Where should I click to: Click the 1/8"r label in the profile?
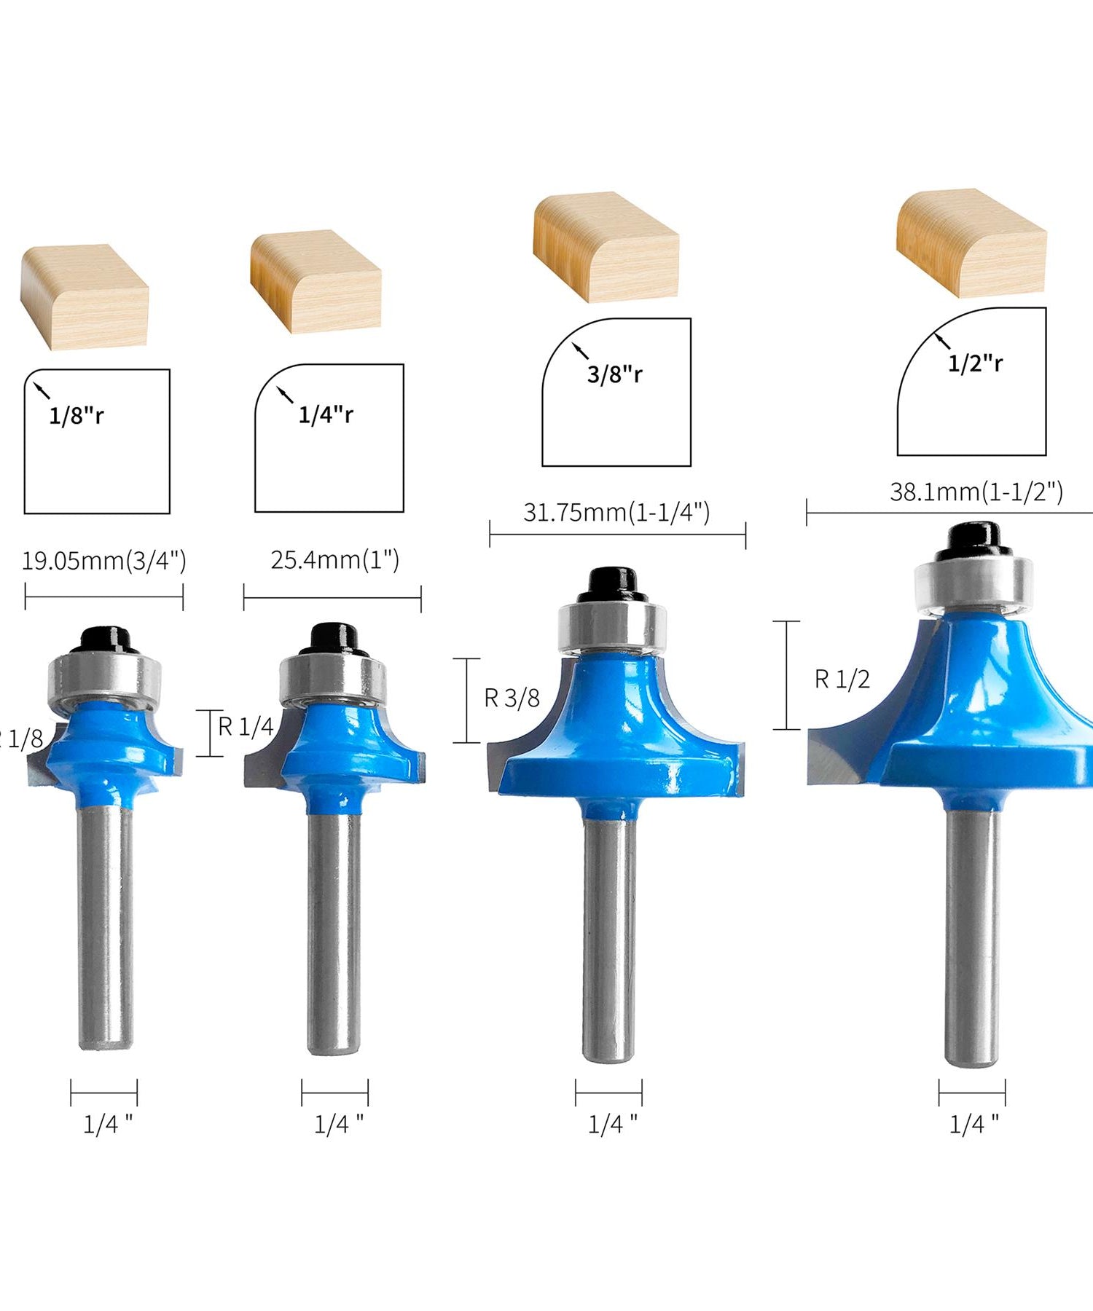click(77, 416)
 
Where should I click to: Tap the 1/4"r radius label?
click(326, 414)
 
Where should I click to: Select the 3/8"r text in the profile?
click(615, 374)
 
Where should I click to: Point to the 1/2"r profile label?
click(975, 363)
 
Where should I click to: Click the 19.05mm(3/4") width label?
click(103, 561)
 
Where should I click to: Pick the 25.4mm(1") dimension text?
click(334, 560)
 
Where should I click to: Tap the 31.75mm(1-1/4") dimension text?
click(616, 513)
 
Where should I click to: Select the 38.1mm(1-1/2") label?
click(976, 492)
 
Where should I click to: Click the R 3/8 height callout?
click(512, 698)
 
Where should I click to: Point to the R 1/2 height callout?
click(842, 680)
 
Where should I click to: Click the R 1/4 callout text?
click(246, 726)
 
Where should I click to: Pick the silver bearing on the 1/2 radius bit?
click(974, 582)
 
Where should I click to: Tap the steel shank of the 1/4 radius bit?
click(334, 932)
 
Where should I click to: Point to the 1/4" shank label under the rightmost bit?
click(973, 1125)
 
